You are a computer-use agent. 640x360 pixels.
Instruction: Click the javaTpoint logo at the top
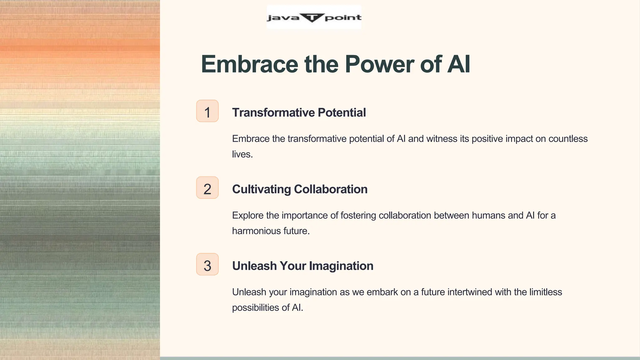[x=314, y=17]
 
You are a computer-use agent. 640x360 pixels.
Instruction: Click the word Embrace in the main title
[x=249, y=64]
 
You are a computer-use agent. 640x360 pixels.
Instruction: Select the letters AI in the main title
[x=459, y=64]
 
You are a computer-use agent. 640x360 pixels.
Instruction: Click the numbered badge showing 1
[x=207, y=111]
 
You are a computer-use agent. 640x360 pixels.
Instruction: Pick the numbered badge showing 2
[x=207, y=188]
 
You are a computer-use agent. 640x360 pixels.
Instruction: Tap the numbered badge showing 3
[x=207, y=264]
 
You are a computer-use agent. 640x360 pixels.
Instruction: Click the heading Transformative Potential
[x=299, y=112]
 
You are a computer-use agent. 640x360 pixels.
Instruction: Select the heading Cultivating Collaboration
[x=299, y=189]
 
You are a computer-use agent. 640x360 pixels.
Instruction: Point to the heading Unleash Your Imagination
[x=302, y=266]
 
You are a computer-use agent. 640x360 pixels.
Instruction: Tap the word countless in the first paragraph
[x=568, y=139]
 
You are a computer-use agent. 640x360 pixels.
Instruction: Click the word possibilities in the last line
[x=255, y=307]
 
